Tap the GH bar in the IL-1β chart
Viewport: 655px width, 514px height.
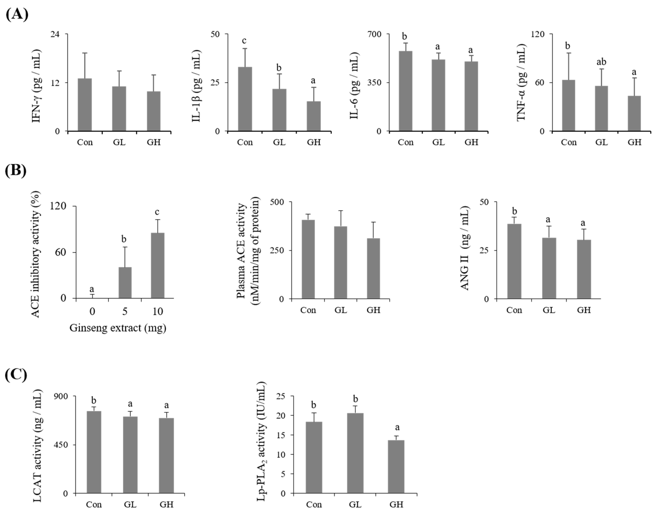314,116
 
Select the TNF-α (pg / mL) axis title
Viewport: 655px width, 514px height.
521,83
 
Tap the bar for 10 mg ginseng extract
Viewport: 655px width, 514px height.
157,265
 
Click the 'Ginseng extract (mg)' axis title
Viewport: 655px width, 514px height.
118,328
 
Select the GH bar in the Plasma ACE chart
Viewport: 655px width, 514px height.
373,268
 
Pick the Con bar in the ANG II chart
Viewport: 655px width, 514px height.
514,261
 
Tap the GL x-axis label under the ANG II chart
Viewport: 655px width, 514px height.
549,310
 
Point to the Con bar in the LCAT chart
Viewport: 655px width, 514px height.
94,452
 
